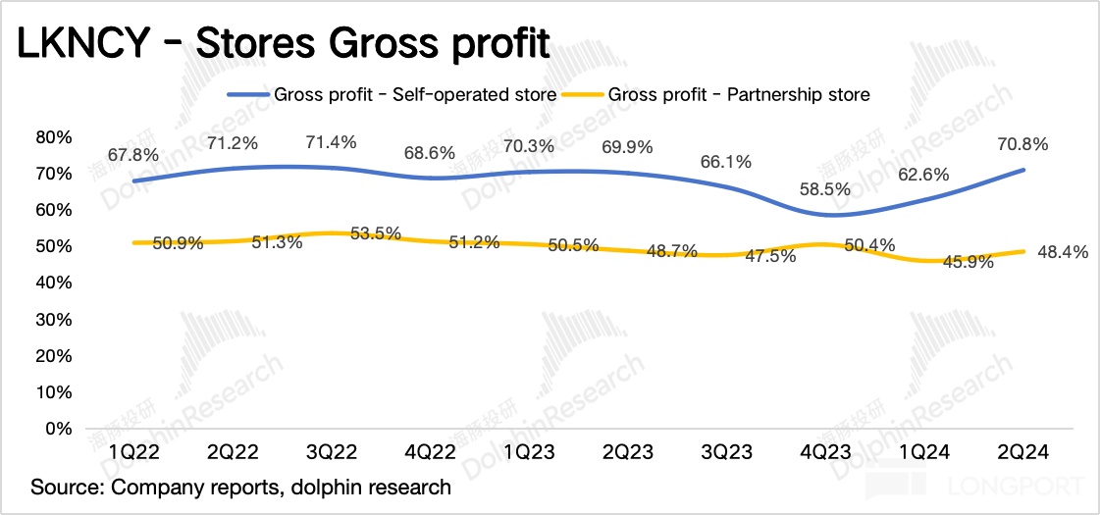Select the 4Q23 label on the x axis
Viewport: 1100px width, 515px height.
[826, 453]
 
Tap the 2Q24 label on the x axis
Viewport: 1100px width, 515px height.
[1023, 453]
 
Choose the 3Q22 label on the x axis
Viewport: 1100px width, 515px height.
[332, 453]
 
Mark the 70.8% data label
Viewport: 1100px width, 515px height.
[1022, 145]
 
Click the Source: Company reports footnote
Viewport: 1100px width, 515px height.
[241, 488]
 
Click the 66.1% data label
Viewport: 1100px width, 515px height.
[727, 162]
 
